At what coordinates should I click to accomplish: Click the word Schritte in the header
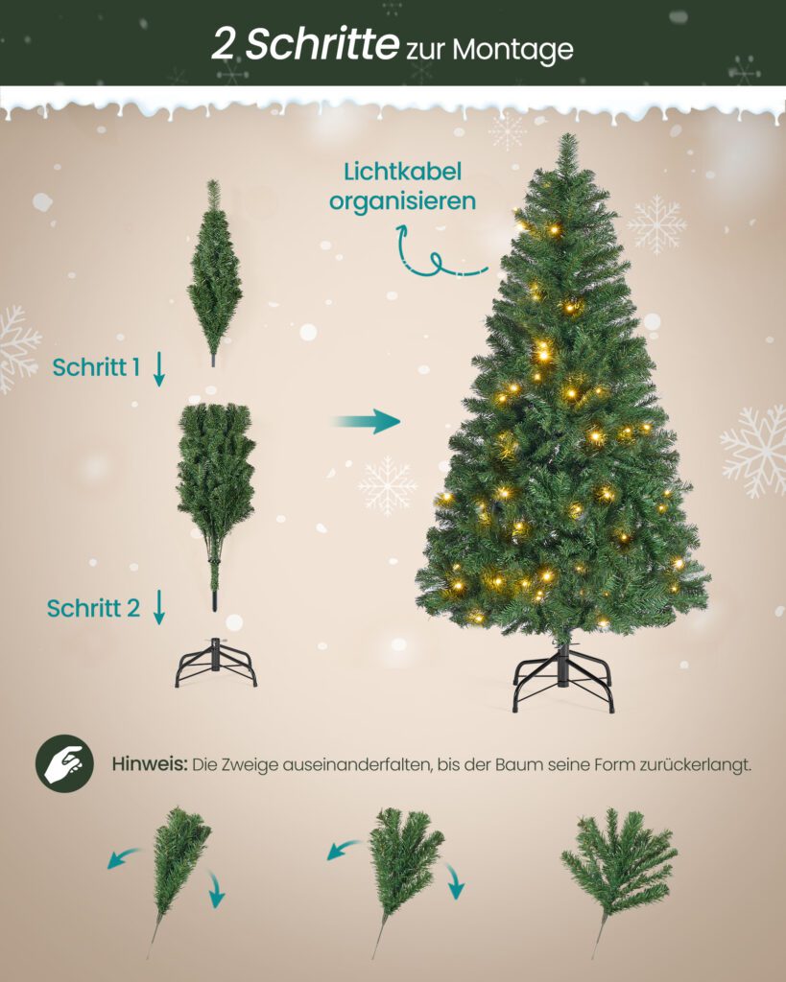click(x=322, y=45)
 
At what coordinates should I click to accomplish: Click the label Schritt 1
click(x=96, y=367)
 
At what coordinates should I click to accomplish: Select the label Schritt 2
click(x=93, y=608)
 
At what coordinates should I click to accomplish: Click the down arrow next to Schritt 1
click(x=159, y=369)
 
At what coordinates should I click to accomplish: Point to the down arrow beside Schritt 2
click(x=159, y=607)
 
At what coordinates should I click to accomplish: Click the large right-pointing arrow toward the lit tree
click(x=367, y=422)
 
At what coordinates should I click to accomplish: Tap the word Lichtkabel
click(x=402, y=172)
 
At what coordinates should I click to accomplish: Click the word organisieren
click(x=402, y=202)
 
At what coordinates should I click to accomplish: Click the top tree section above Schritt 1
click(x=214, y=272)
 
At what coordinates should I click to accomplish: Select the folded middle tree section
click(x=216, y=501)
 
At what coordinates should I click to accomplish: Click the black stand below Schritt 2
click(x=216, y=663)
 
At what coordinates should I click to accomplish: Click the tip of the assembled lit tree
click(x=568, y=134)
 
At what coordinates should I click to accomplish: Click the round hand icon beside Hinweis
click(x=64, y=763)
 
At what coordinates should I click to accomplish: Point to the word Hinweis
click(x=150, y=764)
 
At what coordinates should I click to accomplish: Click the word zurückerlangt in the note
click(x=695, y=764)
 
